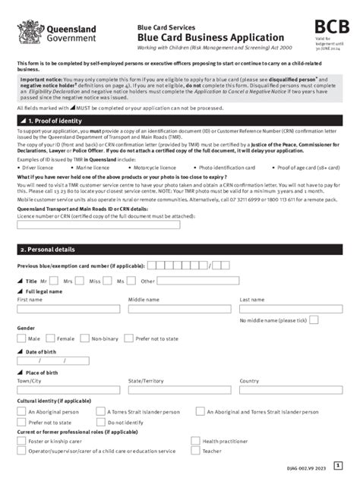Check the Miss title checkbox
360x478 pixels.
(x=106, y=281)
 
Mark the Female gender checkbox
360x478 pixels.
(x=52, y=338)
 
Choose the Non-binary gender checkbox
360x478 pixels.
(x=87, y=338)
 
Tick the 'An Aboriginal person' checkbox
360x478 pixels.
(x=22, y=410)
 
